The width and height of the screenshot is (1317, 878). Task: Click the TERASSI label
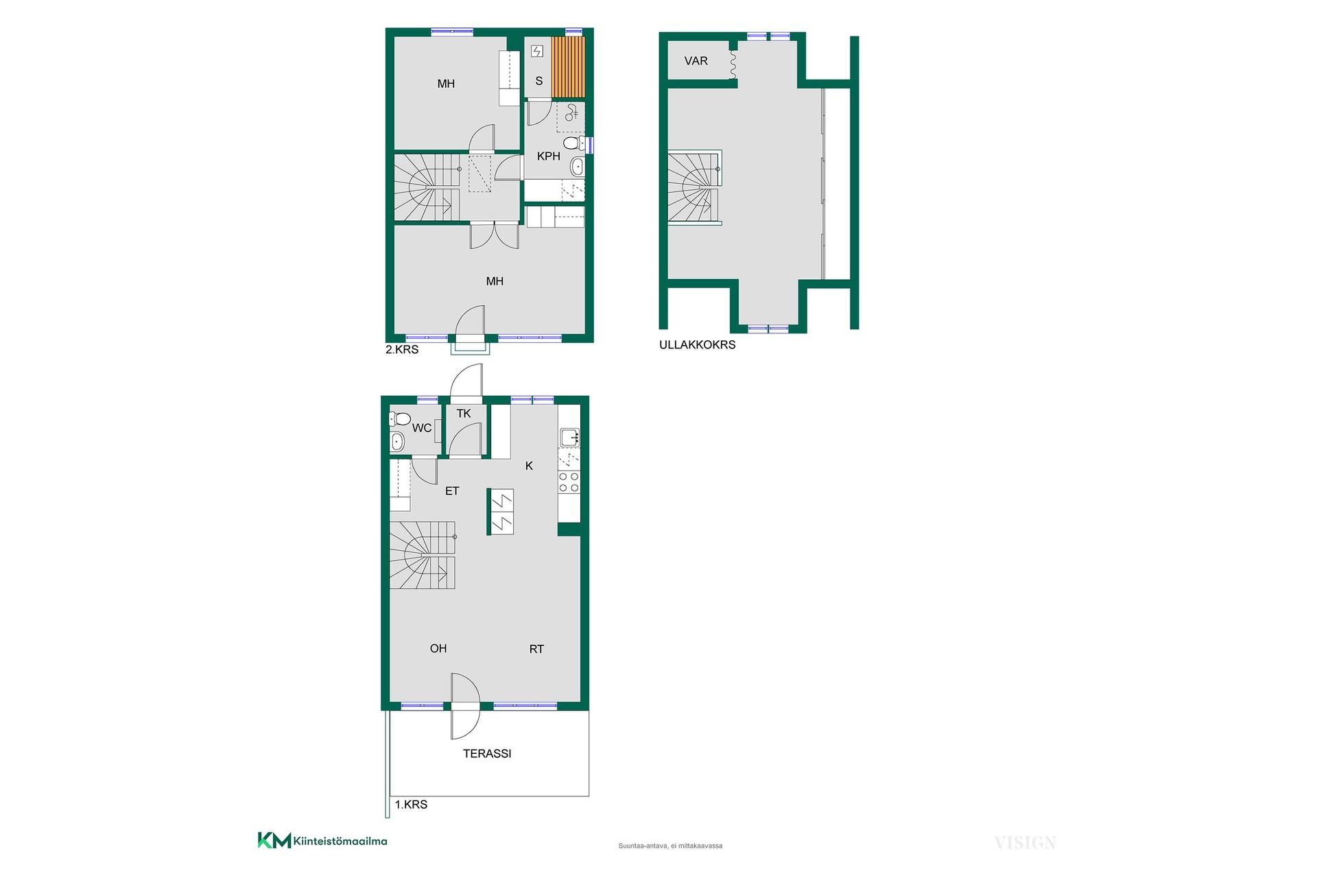pyautogui.click(x=487, y=753)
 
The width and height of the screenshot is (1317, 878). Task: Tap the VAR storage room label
pyautogui.click(x=696, y=61)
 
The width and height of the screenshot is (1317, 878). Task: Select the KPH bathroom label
pyautogui.click(x=549, y=156)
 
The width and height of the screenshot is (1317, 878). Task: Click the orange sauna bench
pyautogui.click(x=569, y=67)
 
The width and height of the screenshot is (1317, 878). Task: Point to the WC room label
pyautogui.click(x=422, y=428)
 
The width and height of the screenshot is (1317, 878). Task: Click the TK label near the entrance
pyautogui.click(x=464, y=414)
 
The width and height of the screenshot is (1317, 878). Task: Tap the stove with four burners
pyautogui.click(x=569, y=482)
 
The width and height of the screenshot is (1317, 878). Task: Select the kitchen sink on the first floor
pyautogui.click(x=569, y=437)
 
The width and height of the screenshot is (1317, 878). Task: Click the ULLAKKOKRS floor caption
pyautogui.click(x=697, y=345)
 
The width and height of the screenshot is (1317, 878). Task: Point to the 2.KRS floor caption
pyautogui.click(x=402, y=349)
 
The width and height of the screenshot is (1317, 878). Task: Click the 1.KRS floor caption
pyautogui.click(x=411, y=805)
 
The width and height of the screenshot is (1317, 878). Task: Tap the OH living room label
pyautogui.click(x=438, y=648)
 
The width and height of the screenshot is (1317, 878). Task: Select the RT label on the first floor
pyautogui.click(x=536, y=649)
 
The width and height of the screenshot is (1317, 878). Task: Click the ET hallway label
pyautogui.click(x=452, y=491)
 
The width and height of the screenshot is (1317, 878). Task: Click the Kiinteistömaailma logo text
pyautogui.click(x=340, y=841)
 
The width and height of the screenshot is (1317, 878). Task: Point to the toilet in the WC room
pyautogui.click(x=400, y=418)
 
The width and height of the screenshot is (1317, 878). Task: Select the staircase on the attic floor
pyautogui.click(x=695, y=187)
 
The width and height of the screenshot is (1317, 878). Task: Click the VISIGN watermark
pyautogui.click(x=1025, y=843)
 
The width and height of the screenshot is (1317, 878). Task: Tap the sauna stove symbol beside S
pyautogui.click(x=537, y=51)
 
